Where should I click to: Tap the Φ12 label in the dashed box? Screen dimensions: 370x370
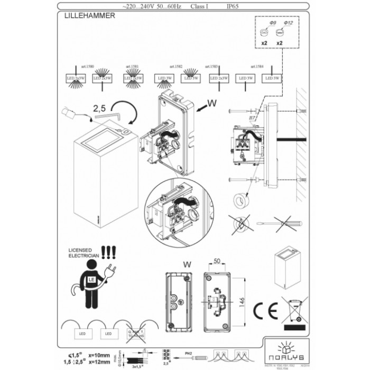[x=289, y=24]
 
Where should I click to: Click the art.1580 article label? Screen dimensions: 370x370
[x=87, y=67]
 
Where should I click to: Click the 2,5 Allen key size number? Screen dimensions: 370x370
[x=99, y=108]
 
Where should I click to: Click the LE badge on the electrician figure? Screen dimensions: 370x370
[x=91, y=278]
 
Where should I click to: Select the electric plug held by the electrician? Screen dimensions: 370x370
[x=112, y=271]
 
